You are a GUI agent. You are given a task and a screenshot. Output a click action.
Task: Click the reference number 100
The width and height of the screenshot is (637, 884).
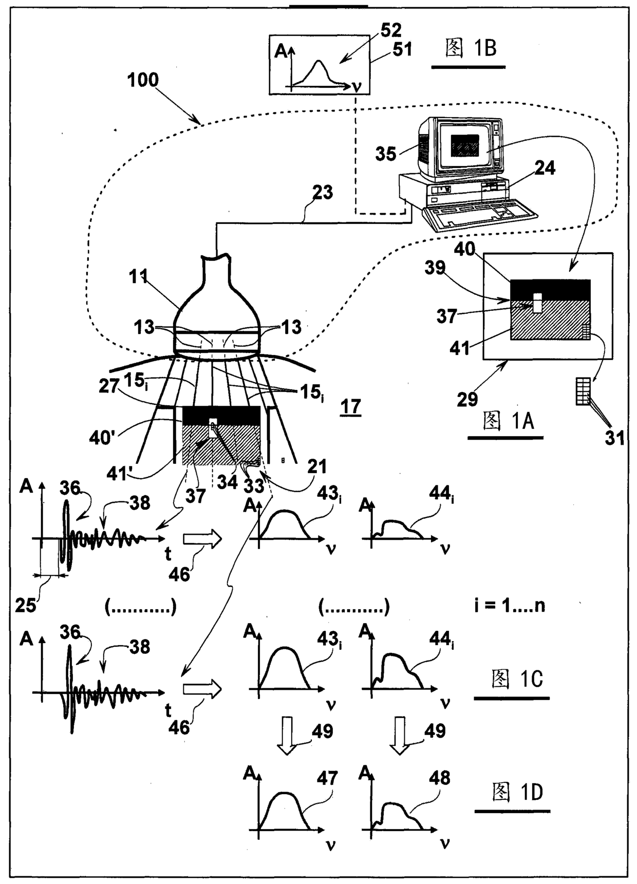(143, 80)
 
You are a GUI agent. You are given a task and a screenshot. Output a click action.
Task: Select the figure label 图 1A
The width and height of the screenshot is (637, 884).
(509, 421)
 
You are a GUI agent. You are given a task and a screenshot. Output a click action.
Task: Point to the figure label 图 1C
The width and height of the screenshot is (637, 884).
(517, 679)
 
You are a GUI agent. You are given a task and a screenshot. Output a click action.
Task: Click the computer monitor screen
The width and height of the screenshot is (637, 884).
(465, 146)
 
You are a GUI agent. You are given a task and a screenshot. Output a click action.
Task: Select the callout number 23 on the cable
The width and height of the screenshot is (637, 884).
(322, 193)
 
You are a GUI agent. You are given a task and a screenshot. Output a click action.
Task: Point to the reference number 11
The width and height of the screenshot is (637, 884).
(138, 277)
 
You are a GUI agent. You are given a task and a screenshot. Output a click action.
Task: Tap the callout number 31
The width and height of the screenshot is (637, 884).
(614, 438)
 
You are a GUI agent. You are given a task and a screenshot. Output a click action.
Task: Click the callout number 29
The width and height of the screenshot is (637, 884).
(467, 399)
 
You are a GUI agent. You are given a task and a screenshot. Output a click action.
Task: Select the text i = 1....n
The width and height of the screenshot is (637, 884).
(510, 606)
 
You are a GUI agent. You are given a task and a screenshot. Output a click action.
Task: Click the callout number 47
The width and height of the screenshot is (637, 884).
(327, 778)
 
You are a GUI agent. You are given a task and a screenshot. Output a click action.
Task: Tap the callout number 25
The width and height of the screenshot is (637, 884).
(25, 606)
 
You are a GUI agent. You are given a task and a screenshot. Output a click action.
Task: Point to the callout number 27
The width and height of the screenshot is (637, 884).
(109, 386)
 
